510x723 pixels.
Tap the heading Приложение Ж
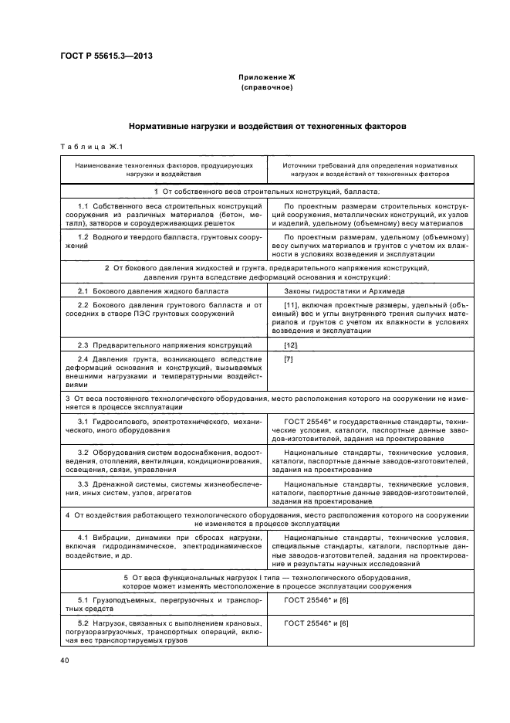266,78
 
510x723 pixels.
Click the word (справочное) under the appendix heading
266,88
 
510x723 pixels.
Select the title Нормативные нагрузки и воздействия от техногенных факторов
266,125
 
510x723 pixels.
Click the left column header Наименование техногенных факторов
163,170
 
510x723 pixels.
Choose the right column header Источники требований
370,170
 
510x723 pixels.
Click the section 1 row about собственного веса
266,190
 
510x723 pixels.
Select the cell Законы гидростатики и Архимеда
334,292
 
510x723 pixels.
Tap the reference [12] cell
291,345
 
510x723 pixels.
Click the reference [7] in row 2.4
289,359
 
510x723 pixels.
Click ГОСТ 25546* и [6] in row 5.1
316,599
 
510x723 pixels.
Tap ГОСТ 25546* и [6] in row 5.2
316,623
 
